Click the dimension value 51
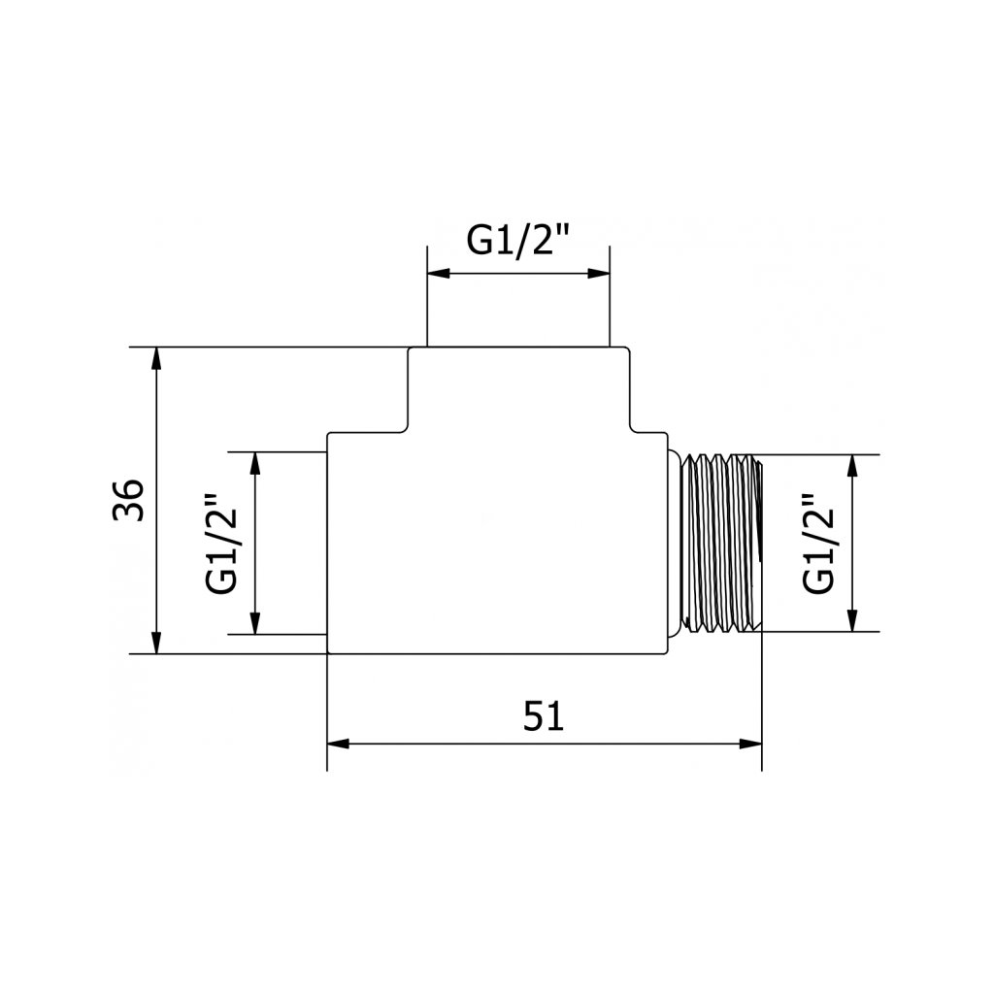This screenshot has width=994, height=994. point(544,717)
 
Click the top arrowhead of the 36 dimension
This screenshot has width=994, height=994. point(157,357)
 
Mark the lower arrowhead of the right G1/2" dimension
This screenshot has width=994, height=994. point(853,621)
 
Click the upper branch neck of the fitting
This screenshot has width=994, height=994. point(519,388)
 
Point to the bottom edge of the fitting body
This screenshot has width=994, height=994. point(498,653)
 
